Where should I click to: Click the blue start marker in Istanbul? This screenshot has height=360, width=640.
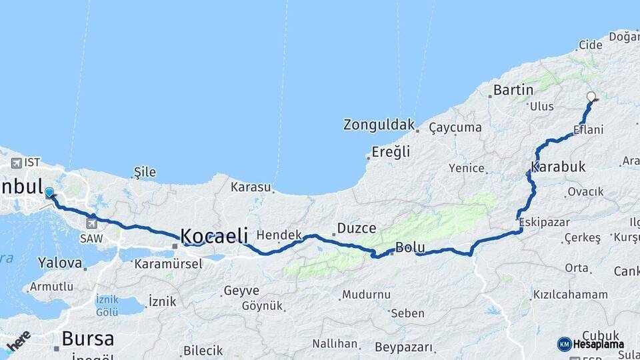pos(49,193)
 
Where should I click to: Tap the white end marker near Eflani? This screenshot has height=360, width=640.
pos(591,97)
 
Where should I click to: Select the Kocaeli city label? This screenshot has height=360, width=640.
pos(214,235)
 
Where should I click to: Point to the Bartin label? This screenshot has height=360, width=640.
pos(513,89)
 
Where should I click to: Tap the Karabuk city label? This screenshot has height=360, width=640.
pos(559,166)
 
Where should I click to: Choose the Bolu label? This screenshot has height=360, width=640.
pos(410,247)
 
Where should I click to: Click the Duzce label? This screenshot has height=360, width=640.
pos(356,228)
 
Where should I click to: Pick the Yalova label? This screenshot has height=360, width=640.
pos(59,263)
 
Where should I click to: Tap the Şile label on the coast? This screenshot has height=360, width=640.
pos(145,172)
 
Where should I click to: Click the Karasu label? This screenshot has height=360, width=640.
pos(251,187)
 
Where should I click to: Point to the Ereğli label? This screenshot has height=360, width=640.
pos(391,152)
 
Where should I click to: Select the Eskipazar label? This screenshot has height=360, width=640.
pos(543,222)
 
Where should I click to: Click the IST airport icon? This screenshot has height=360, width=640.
pos(17,163)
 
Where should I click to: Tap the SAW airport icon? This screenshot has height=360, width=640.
pos(92,223)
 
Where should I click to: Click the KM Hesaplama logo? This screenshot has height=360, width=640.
pos(590,344)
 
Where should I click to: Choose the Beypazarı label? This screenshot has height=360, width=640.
pos(403,347)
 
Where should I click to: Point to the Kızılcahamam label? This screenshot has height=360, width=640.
pos(570,294)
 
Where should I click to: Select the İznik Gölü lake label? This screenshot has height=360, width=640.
pos(107,306)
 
